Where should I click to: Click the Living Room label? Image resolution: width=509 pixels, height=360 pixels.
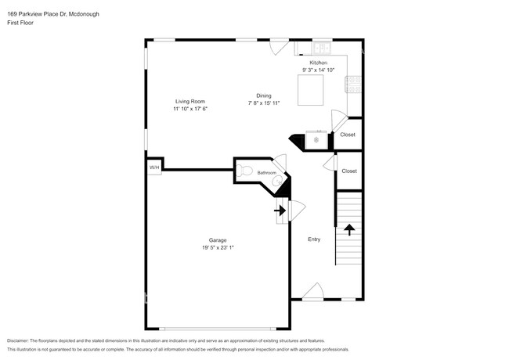(190, 101)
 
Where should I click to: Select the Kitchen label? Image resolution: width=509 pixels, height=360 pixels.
(318, 62)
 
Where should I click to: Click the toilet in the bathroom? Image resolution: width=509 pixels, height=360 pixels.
(244, 171)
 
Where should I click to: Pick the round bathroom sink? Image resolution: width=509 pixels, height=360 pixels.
(276, 181)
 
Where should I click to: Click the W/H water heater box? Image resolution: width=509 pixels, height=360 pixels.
(154, 168)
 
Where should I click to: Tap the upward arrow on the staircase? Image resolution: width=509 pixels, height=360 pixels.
(349, 229)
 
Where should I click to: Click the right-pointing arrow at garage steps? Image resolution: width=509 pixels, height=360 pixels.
(279, 210)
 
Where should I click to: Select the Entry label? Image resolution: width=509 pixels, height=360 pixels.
(314, 240)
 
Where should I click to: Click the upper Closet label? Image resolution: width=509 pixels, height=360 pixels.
(348, 135)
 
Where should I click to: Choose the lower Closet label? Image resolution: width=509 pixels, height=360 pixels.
(349, 171)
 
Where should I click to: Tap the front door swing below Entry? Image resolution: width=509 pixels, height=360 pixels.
(313, 291)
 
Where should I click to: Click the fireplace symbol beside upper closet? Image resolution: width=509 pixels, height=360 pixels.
(316, 140)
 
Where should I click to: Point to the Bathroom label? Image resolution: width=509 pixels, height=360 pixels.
(268, 172)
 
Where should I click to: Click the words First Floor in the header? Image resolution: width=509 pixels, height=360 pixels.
(20, 23)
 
